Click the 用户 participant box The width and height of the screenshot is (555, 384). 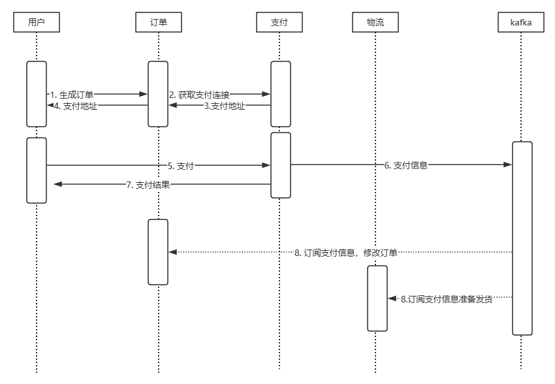(x=37, y=23)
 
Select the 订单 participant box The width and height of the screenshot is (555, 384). (x=158, y=23)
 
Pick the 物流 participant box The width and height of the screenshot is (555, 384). (x=375, y=23)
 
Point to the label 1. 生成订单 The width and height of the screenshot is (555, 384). (x=72, y=95)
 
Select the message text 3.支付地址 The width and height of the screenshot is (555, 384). (x=224, y=106)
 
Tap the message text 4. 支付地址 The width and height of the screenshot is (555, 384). (x=76, y=106)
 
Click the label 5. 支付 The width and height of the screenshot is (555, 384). (x=185, y=166)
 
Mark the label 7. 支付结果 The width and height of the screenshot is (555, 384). (x=148, y=185)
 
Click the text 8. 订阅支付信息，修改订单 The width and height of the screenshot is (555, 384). (x=345, y=253)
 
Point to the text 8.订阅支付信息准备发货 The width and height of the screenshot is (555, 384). (x=446, y=299)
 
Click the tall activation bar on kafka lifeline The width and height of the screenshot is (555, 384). (x=522, y=238)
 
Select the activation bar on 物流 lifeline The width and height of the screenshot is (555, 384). (x=377, y=298)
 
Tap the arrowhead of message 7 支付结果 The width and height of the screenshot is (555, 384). (x=57, y=185)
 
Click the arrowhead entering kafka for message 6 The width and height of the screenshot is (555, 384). (x=507, y=166)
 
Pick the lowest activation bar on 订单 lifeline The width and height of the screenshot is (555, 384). (x=158, y=252)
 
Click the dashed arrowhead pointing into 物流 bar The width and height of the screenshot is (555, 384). (x=392, y=298)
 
